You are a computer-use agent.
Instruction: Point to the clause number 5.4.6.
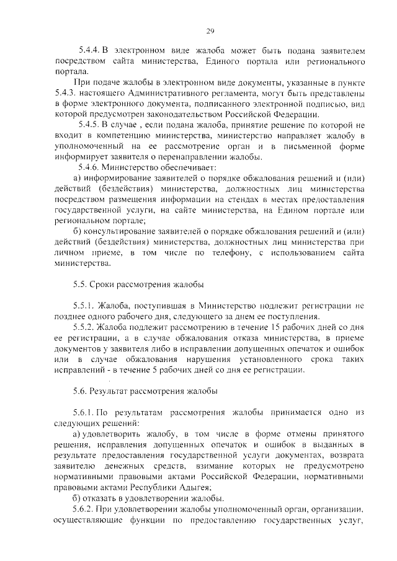click(x=89, y=167)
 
